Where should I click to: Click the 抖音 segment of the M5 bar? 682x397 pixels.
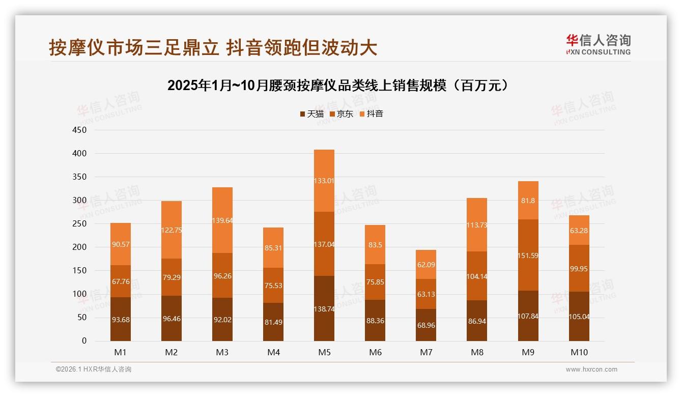click(x=324, y=180)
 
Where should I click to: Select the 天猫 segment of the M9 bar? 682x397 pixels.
click(x=528, y=316)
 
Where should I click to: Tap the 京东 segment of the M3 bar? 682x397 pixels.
click(x=222, y=275)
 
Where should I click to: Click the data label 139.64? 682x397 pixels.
click(x=222, y=220)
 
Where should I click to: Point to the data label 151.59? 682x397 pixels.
click(x=528, y=256)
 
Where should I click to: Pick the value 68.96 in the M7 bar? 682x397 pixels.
click(x=426, y=325)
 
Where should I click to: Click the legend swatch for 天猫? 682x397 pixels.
click(x=302, y=114)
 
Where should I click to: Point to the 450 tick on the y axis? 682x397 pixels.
click(x=80, y=130)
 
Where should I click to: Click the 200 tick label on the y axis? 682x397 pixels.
click(x=80, y=247)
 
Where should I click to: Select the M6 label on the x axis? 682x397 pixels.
click(x=375, y=352)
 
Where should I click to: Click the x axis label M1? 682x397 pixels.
click(x=121, y=352)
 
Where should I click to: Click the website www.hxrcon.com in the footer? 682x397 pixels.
click(x=591, y=370)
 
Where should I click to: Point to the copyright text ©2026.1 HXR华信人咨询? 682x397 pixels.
click(x=94, y=370)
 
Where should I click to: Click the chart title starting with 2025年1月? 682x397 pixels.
click(x=338, y=86)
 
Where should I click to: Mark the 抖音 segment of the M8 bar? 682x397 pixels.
click(x=477, y=224)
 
